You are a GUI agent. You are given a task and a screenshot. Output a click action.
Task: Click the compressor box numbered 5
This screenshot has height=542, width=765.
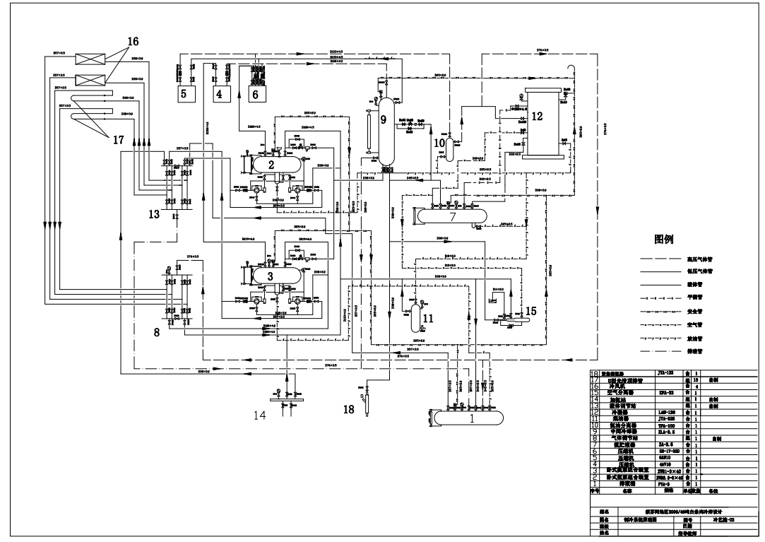click(x=183, y=93)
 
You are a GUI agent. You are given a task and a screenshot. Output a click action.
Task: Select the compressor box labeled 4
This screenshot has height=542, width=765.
click(x=219, y=93)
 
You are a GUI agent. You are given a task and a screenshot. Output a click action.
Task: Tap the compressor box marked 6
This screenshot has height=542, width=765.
click(x=255, y=93)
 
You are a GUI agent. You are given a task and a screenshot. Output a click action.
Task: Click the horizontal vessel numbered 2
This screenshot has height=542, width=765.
click(x=271, y=163)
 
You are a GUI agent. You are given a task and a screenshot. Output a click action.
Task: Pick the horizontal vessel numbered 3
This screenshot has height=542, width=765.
click(x=271, y=276)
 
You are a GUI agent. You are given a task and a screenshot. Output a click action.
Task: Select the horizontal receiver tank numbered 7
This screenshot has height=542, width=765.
click(x=453, y=213)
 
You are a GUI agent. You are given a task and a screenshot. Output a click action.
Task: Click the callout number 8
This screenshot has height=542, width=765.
click(x=156, y=331)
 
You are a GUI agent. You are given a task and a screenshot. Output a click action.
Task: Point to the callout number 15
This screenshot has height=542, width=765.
click(x=530, y=311)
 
